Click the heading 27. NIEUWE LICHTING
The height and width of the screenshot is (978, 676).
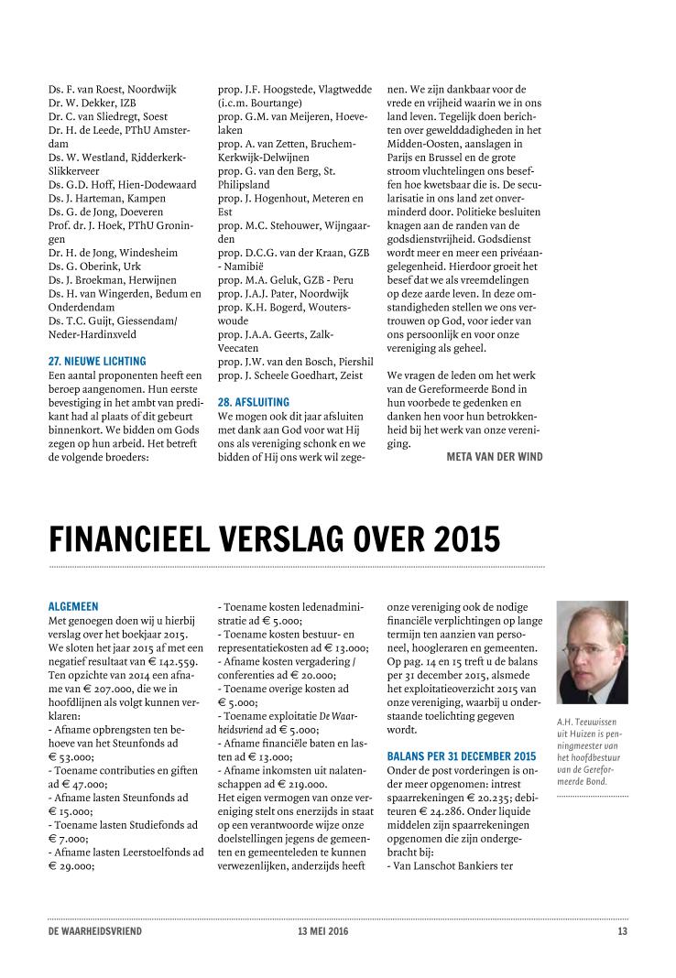96,362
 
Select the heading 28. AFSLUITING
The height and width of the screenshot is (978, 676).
253,402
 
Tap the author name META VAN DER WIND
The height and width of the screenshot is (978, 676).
495,456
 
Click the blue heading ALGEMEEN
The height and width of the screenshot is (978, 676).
72,606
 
